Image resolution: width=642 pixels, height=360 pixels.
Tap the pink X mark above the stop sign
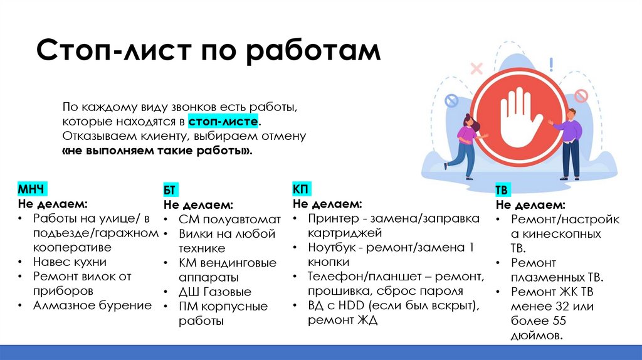pos(476,68)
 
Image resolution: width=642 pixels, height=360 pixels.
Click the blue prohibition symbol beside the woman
pos(451,100)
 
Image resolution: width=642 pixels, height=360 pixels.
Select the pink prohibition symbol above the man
pos(581,96)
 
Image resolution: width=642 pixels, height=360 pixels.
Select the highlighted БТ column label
pos(171,190)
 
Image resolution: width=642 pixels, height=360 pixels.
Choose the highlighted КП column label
pos(301,189)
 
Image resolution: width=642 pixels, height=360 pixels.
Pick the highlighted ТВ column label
pos(502,190)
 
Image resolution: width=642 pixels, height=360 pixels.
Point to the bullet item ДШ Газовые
pos(214,292)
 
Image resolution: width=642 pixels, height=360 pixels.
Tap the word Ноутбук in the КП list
pos(333,247)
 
